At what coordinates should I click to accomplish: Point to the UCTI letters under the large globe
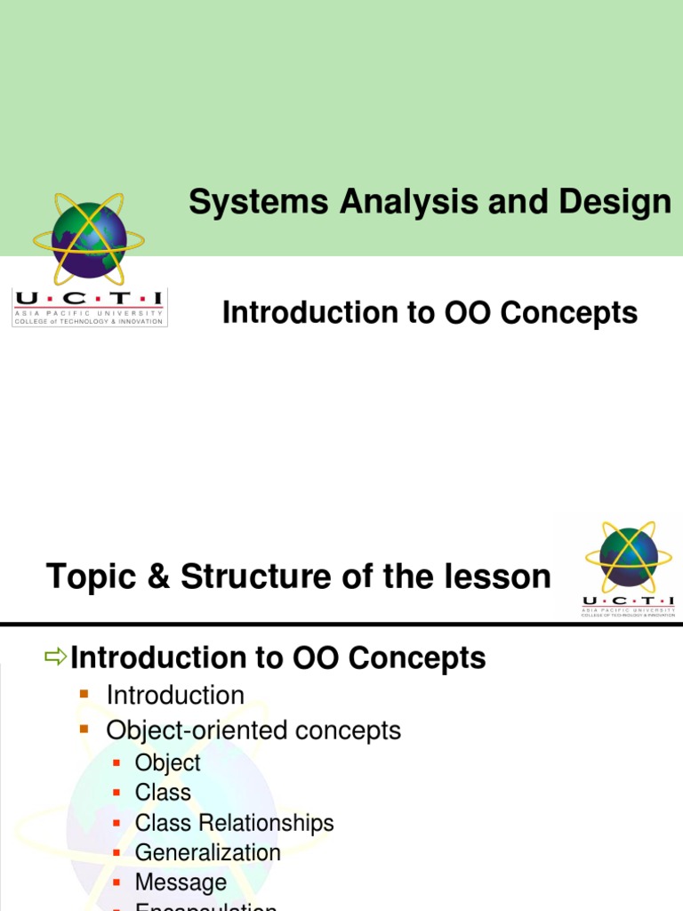89,300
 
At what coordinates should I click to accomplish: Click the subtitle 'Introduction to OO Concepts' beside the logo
430,313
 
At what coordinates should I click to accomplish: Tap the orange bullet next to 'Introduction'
85,693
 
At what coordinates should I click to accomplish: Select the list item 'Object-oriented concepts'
253,730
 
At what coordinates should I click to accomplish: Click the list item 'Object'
167,762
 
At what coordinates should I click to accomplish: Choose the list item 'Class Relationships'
234,823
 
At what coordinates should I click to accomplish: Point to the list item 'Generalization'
207,852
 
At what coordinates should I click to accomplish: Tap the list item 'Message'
181,883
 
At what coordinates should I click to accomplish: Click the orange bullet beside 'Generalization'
117,852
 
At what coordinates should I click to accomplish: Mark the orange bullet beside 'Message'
117,882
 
